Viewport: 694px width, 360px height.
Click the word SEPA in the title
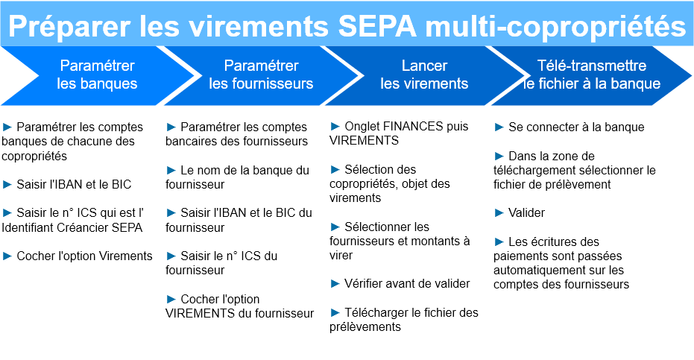(x=377, y=26)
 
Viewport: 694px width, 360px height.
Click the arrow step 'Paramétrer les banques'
(x=97, y=75)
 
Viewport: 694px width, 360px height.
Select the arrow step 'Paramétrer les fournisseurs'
(x=261, y=75)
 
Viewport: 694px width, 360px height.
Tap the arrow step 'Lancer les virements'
(x=424, y=75)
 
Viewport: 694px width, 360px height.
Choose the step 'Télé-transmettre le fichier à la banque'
(x=591, y=75)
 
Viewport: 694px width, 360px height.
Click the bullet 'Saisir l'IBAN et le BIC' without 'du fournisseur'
(x=67, y=184)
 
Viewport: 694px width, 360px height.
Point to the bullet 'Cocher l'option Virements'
(x=78, y=256)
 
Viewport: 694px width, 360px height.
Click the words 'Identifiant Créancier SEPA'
(x=72, y=227)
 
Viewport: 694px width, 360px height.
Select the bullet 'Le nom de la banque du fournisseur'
(x=237, y=177)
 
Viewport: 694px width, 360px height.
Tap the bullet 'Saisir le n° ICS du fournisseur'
(x=221, y=263)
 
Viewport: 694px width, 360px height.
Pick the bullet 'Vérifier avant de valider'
(x=400, y=283)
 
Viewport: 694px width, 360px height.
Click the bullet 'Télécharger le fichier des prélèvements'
(x=404, y=320)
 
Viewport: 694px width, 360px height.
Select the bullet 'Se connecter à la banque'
(x=570, y=127)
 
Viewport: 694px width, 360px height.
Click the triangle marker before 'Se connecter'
(x=499, y=127)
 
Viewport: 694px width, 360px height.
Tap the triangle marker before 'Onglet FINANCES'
(x=335, y=127)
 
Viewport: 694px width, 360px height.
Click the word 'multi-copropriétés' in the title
(x=555, y=27)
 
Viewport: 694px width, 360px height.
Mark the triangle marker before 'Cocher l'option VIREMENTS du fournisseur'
(x=171, y=300)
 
